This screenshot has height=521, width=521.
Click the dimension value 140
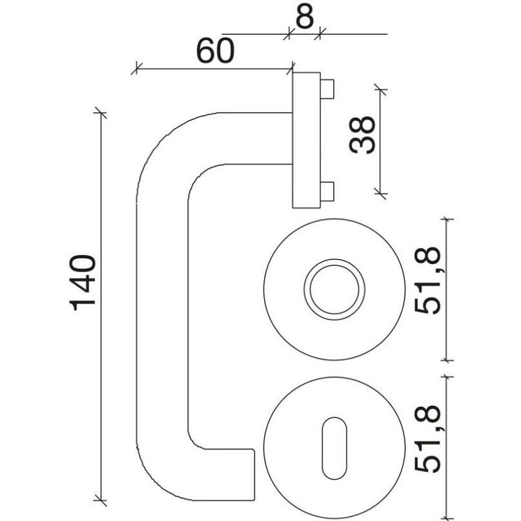point(83,283)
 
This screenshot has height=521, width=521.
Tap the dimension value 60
point(216,51)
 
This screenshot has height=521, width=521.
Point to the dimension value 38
point(362,134)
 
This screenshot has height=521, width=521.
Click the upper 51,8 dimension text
point(427,281)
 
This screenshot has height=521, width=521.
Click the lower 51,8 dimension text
point(427,439)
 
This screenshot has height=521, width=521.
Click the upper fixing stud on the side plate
point(327,89)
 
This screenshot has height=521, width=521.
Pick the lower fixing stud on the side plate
point(327,191)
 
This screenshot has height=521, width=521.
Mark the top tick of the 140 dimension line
point(100,113)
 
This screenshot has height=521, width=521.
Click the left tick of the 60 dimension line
point(137,68)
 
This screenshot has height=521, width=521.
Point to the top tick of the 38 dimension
point(380,89)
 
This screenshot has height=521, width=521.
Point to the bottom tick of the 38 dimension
point(380,193)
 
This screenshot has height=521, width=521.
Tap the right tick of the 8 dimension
point(320,34)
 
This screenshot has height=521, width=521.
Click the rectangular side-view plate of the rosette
point(307,140)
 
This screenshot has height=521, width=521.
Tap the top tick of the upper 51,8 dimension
point(447,219)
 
